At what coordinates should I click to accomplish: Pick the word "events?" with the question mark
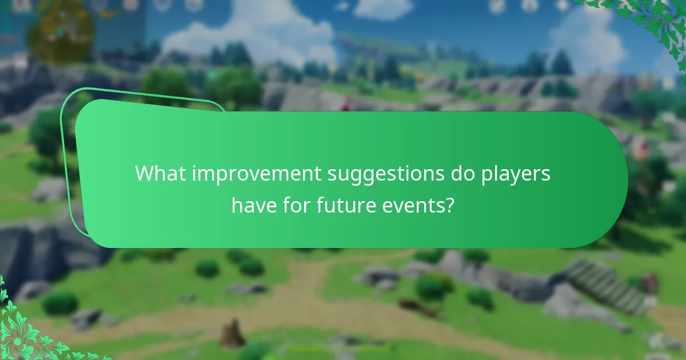(424, 205)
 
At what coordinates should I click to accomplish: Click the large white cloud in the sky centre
(252, 34)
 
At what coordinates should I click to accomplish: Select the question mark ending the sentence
(451, 205)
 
